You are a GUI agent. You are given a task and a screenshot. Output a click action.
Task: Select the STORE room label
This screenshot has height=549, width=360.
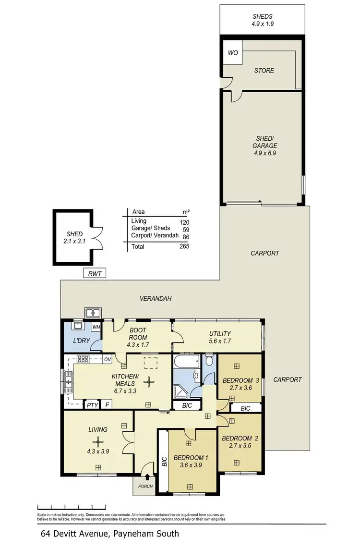click(264, 71)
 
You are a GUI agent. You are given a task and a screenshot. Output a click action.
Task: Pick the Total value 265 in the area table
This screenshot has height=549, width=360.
click(184, 246)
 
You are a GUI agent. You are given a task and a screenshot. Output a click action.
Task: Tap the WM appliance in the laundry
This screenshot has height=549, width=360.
click(96, 327)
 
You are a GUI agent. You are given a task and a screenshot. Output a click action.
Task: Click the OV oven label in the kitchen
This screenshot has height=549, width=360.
click(108, 359)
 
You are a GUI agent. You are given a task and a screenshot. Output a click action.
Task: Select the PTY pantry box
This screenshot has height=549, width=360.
click(92, 405)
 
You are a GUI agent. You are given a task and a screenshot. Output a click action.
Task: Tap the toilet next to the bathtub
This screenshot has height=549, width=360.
click(209, 360)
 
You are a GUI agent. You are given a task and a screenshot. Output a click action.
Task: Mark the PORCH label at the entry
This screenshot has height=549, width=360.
click(145, 486)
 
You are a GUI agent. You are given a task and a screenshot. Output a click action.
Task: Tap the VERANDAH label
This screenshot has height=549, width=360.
click(156, 298)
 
